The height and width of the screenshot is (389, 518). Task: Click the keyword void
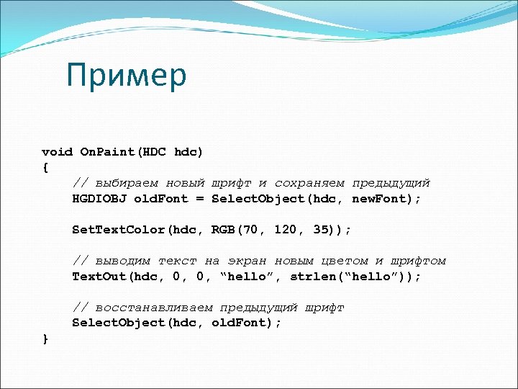click(x=57, y=152)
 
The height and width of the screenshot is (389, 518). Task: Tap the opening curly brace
click(x=45, y=168)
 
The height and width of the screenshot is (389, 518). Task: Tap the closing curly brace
click(x=45, y=338)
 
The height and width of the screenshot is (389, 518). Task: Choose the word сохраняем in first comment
click(x=309, y=183)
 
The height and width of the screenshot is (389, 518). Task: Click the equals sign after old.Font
click(x=200, y=199)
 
